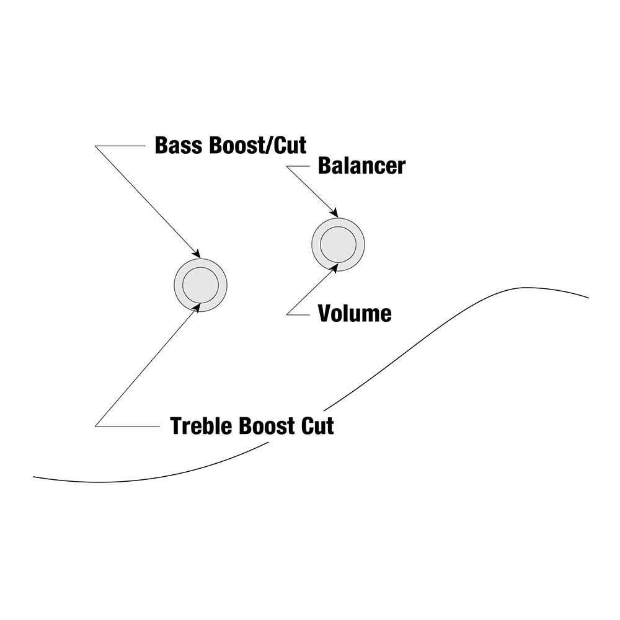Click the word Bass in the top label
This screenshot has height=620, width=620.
[x=180, y=145]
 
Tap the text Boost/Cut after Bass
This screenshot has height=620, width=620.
[x=258, y=145]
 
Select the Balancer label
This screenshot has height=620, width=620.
[x=362, y=166]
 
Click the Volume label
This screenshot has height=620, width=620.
[x=355, y=314]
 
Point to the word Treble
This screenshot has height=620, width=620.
[x=202, y=426]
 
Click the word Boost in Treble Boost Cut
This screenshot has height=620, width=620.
[x=267, y=426]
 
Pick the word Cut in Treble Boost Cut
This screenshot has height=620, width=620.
[x=317, y=426]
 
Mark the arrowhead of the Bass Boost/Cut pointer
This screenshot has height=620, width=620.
[x=196, y=253]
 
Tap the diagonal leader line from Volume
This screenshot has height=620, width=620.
[x=310, y=291]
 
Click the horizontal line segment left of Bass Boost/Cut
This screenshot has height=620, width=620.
[x=120, y=146]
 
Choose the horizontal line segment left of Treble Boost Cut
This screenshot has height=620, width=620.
[x=127, y=427]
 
